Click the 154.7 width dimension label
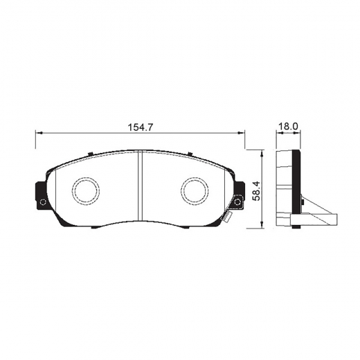pos(141,127)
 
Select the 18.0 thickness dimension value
pos(288,127)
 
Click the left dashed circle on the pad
pos(86,191)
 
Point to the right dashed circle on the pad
pos(195,191)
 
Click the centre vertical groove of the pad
pos(141,186)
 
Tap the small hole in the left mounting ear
pos(42,202)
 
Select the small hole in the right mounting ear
pos(237,202)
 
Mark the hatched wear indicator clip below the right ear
pos(226,217)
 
